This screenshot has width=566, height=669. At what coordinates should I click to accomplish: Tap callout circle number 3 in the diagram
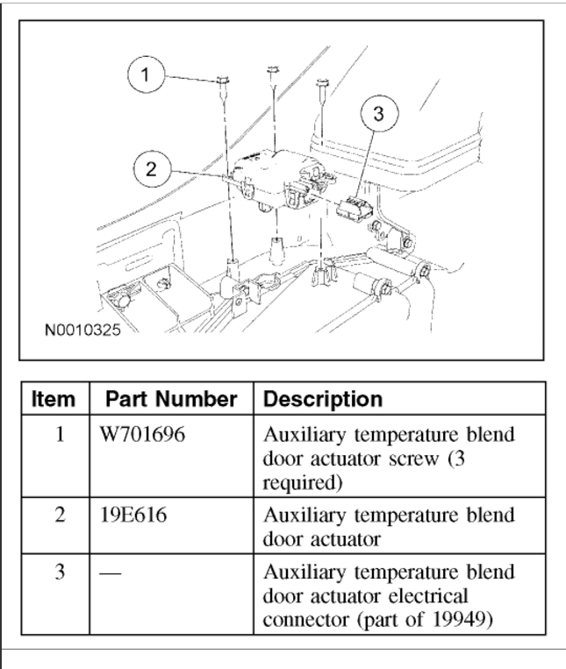point(378,114)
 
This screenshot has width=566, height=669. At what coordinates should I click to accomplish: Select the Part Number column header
point(169,399)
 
